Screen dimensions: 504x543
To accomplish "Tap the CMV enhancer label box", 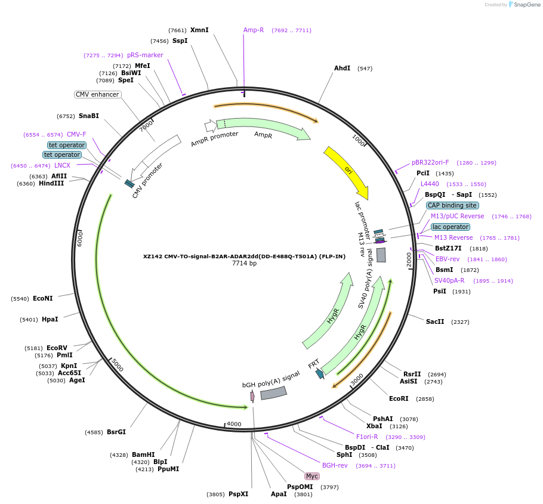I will click(97, 94).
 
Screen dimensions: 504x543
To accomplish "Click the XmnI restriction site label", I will click(199, 30).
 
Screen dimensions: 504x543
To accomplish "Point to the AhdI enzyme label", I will click(342, 68).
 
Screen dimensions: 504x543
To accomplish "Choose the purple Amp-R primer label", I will click(254, 30).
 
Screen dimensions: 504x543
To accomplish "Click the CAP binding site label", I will click(452, 205).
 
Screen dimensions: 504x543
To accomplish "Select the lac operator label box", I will click(451, 227).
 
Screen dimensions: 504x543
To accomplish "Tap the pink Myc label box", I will click(312, 476).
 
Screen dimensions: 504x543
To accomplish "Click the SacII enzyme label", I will click(435, 321).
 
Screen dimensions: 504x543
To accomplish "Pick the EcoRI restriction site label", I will click(399, 398).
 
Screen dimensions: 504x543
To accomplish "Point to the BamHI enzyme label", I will click(143, 454).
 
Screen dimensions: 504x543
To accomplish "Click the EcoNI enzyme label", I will click(43, 298).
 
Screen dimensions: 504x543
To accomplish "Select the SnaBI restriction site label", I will click(89, 116).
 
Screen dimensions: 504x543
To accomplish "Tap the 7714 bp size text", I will click(244, 264).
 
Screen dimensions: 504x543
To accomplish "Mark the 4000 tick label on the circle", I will click(234, 424).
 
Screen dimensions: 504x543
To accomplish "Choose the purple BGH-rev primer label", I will click(335, 465).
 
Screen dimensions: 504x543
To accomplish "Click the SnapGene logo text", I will click(526, 4).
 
